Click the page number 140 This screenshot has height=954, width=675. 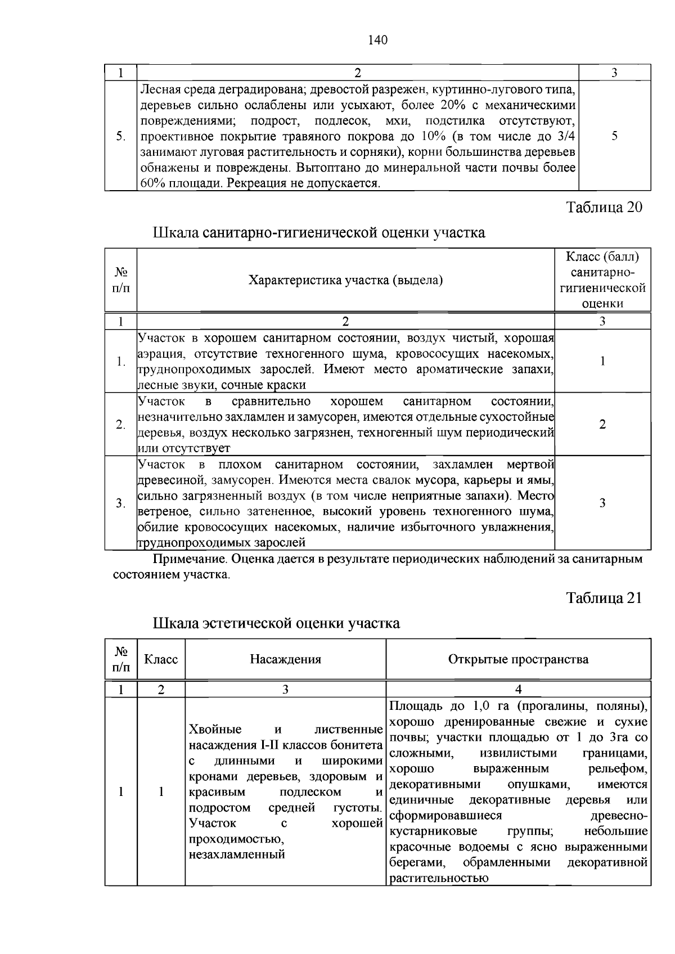coord(377,40)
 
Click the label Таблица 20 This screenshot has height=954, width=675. coord(604,207)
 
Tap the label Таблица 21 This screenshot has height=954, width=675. coord(604,597)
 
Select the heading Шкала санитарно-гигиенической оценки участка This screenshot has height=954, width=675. coord(319,232)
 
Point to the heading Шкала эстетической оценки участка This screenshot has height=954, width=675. coord(276,623)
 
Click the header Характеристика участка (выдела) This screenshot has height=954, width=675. coord(345,280)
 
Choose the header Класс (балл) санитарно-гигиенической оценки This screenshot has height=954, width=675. coord(602,280)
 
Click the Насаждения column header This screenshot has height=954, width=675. coord(285,659)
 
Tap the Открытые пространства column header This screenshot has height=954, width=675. coord(518,659)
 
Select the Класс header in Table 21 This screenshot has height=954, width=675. coord(161,659)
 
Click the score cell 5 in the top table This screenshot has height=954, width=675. coord(614,136)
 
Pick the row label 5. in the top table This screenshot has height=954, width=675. coord(120,136)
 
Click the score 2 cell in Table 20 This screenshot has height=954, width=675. coord(602,425)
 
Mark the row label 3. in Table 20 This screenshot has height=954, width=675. coord(120,503)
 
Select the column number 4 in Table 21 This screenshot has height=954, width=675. coord(518,690)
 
